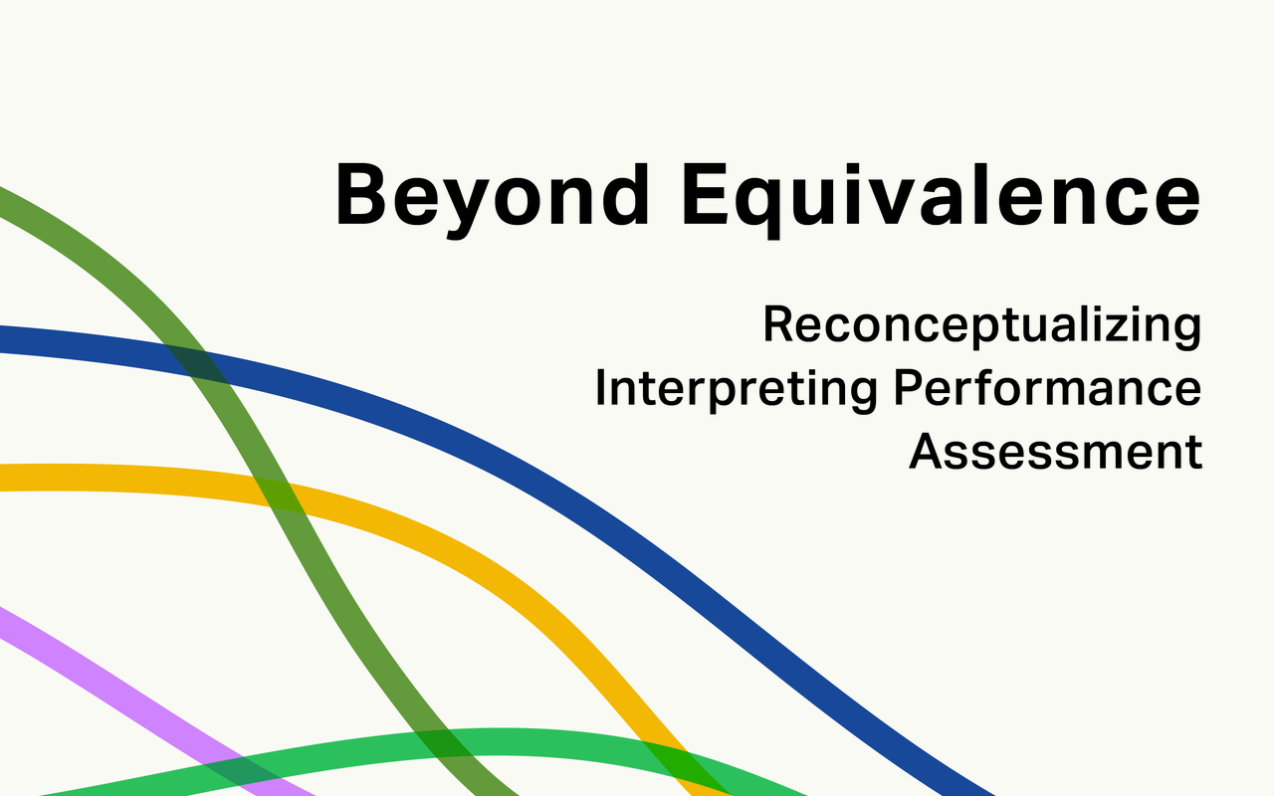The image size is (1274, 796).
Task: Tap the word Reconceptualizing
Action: coord(981,326)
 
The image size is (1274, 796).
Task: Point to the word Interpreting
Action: coord(736,390)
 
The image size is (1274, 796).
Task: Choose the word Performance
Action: coord(1047,388)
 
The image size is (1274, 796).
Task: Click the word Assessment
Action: coord(1055,452)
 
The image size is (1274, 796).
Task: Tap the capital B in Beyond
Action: coord(360,194)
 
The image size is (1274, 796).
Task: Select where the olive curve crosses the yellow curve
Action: coord(278,496)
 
